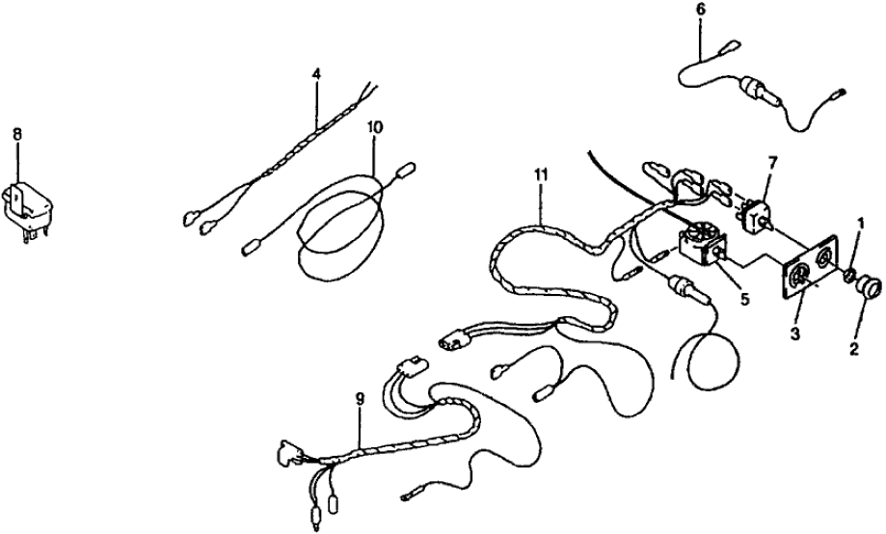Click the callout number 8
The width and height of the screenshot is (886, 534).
pos(17,135)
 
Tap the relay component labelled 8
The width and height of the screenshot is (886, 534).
pos(27,208)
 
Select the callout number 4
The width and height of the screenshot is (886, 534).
pos(316,73)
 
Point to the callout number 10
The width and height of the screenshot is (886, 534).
pos(375,127)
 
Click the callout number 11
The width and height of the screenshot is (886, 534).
pos(540,174)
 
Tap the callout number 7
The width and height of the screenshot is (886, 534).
pos(772,163)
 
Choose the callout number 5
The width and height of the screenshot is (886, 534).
pos(744,299)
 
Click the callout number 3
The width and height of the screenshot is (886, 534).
pos(795,334)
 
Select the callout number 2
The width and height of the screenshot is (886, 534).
pos(854,348)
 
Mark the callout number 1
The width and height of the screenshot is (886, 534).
pos(860,224)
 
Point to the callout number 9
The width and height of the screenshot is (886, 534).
pos(360,399)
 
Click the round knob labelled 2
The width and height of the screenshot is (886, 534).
pos(869,287)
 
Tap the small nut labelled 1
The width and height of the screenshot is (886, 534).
pos(849,277)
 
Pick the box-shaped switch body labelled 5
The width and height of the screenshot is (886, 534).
pos(698,246)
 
